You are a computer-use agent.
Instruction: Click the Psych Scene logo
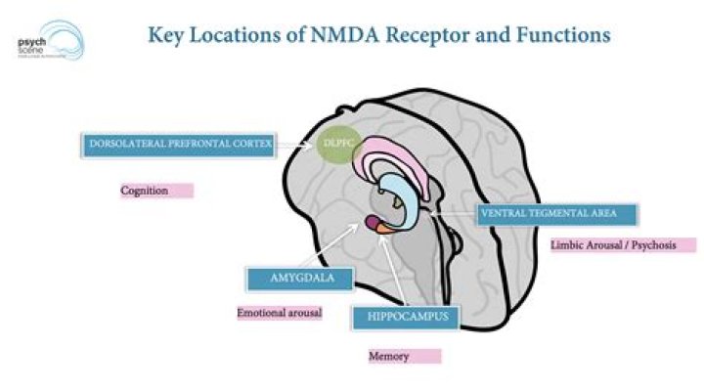coord(50,40)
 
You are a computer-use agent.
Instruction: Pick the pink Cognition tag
coord(155,191)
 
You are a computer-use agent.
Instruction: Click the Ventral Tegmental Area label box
coord(557,213)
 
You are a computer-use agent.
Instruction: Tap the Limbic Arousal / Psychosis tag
coord(622,244)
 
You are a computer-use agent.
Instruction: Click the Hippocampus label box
coord(401,317)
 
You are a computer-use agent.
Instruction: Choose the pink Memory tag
coord(404,357)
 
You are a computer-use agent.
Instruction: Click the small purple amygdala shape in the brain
coord(374,223)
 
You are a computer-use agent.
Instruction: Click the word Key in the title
coord(165,35)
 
